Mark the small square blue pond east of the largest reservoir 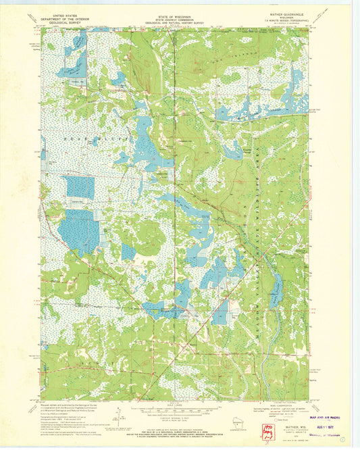(x=128, y=251)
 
